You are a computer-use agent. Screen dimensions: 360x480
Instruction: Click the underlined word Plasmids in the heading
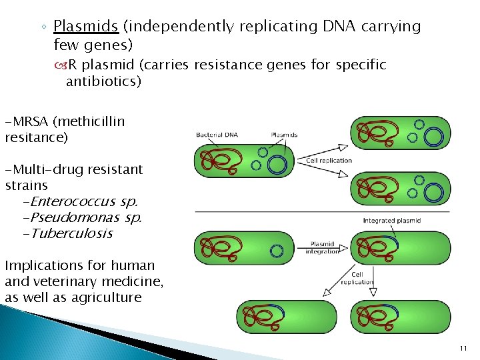point(85,27)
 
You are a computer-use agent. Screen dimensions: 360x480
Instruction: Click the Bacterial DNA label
point(217,135)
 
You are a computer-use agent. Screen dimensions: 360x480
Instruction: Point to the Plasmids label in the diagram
point(284,135)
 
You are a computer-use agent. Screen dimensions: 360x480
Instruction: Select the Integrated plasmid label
point(391,221)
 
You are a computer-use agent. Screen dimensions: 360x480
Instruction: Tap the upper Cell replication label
point(329,161)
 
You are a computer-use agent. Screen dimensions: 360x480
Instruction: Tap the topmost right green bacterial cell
point(400,133)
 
